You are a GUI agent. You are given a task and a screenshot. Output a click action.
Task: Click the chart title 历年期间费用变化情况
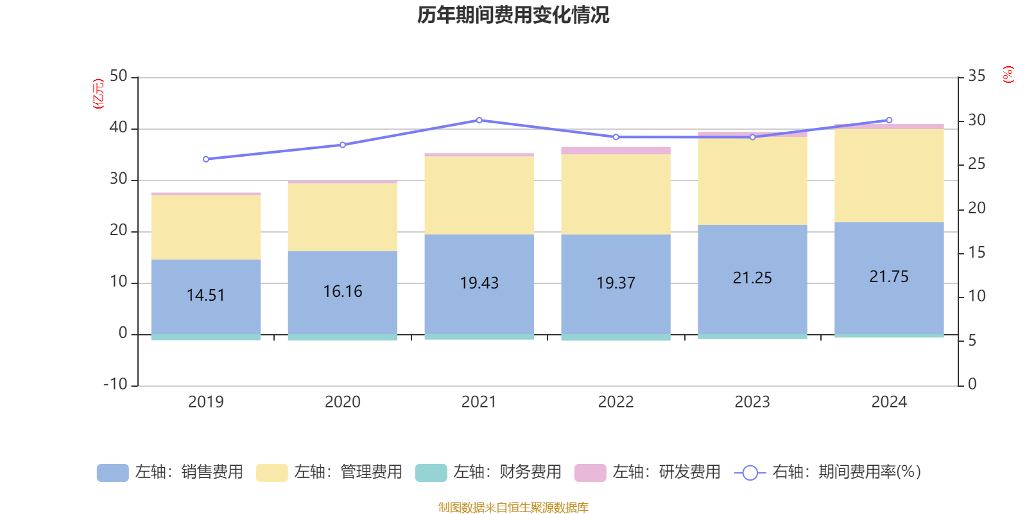(x=513, y=15)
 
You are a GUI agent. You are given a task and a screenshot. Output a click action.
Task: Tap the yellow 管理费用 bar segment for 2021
(x=479, y=195)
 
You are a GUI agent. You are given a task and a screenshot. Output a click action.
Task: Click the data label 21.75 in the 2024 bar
(x=889, y=277)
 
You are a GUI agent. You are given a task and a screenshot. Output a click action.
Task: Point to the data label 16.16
(x=343, y=292)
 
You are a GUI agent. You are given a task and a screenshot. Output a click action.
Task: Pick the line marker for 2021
(x=479, y=120)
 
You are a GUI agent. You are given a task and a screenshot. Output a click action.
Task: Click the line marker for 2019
(x=206, y=159)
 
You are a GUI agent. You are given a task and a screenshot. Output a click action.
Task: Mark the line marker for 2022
(x=616, y=137)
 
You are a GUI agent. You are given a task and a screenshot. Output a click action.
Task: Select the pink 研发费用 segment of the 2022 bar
(x=616, y=150)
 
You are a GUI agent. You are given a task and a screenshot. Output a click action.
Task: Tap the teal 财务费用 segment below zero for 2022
(x=616, y=337)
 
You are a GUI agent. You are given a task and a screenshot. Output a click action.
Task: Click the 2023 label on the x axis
(x=752, y=402)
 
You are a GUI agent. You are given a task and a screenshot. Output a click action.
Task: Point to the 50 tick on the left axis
(x=119, y=76)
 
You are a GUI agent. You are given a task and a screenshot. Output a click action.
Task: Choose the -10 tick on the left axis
(x=116, y=384)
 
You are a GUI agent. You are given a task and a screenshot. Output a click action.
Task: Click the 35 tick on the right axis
(x=976, y=76)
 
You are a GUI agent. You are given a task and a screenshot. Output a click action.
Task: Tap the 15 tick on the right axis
(x=976, y=253)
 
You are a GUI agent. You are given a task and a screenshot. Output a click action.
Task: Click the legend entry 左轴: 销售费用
(x=170, y=472)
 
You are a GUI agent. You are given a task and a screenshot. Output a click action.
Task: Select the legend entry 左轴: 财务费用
(x=488, y=472)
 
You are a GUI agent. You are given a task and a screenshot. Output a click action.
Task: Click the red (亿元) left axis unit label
(x=98, y=94)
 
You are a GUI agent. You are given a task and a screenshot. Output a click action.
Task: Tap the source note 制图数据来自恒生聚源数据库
(x=513, y=508)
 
